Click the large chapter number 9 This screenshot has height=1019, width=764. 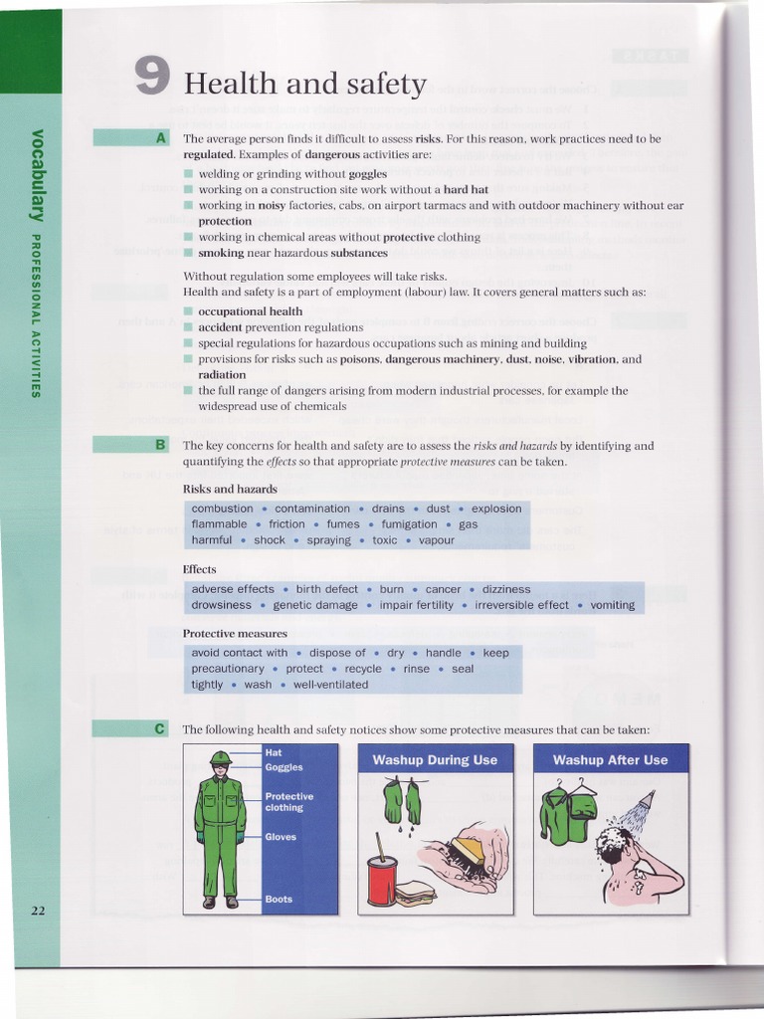pos(151,77)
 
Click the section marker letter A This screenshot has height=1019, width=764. pos(161,138)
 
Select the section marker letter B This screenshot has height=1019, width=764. pos(161,445)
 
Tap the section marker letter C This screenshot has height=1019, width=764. pos(160,728)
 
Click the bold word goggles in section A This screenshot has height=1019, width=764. pos(368,173)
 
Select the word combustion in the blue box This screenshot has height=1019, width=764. pos(222,509)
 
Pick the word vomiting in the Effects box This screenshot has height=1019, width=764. pos(612,605)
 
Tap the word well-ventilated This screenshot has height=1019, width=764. pos(330,685)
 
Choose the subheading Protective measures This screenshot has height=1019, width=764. pos(235,633)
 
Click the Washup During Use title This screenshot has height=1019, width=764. pos(435,760)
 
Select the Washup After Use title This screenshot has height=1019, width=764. pos(610,760)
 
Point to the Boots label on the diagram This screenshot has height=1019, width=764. pos(279,899)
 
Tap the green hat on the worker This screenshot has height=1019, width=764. pos(220,758)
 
